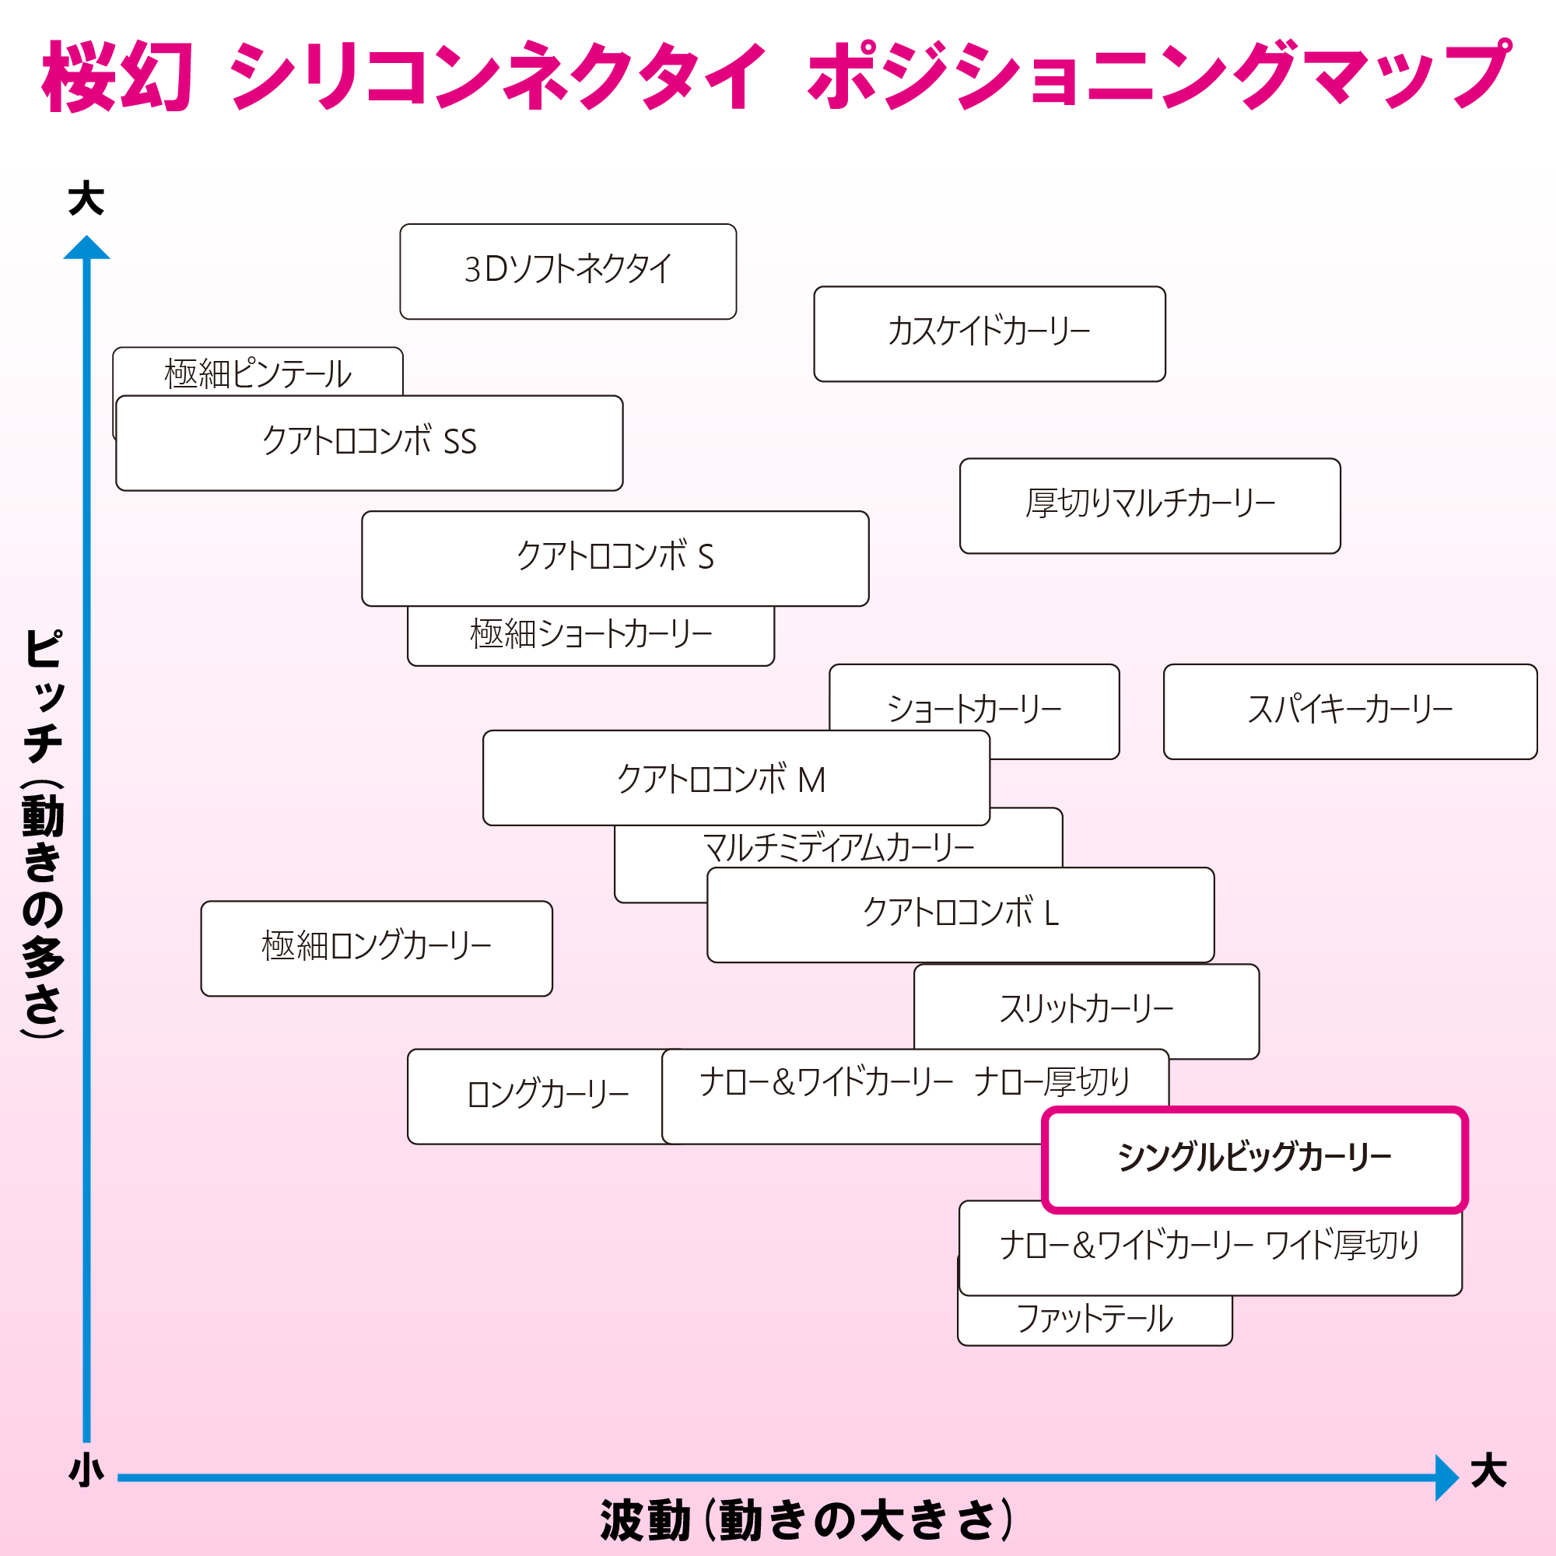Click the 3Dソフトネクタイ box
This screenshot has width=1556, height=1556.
click(x=568, y=272)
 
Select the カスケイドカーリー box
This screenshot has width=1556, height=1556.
click(x=989, y=334)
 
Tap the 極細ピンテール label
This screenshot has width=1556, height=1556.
click(x=258, y=373)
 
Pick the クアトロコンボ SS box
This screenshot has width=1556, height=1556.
click(x=369, y=443)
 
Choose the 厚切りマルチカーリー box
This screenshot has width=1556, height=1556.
click(x=1149, y=506)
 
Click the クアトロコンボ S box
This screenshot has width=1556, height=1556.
click(x=615, y=558)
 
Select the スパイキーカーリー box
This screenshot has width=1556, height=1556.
click(x=1350, y=711)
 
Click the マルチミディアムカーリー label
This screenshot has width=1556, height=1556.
click(x=838, y=847)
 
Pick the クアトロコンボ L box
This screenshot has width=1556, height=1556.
click(x=960, y=914)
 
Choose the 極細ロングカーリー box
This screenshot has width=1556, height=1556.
click(x=376, y=948)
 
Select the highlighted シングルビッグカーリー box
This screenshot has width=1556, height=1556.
click(x=1254, y=1159)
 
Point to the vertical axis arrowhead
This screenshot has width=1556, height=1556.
click(x=86, y=248)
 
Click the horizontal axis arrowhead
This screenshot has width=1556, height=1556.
click(x=1446, y=1477)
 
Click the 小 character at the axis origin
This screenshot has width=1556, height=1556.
click(x=86, y=1470)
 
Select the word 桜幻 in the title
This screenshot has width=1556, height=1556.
click(x=117, y=77)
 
